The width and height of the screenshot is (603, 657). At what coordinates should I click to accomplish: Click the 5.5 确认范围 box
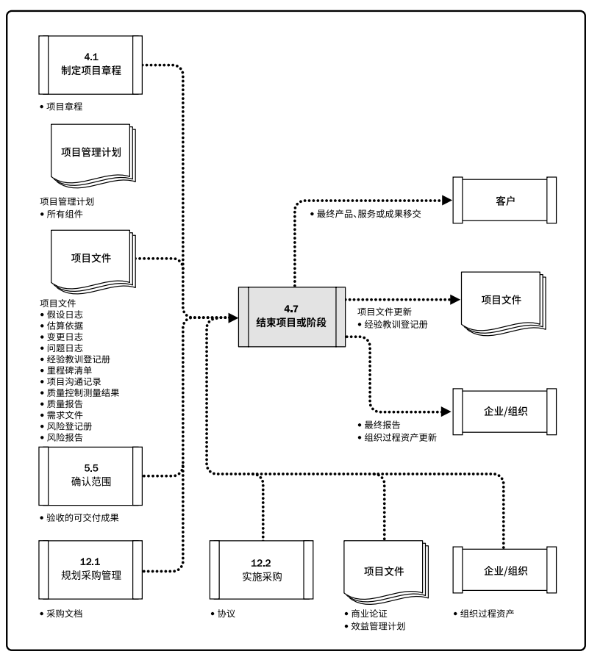[90, 476]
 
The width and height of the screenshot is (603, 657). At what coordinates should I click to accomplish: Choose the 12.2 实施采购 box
[261, 570]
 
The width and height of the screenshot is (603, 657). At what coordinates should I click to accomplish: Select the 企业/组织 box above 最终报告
[504, 412]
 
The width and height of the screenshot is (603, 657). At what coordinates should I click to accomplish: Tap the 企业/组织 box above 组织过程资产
[504, 570]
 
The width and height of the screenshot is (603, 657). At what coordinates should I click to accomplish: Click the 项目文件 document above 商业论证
[383, 570]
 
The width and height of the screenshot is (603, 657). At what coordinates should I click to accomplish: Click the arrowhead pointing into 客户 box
[445, 199]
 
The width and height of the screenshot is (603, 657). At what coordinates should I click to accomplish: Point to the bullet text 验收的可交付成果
[82, 517]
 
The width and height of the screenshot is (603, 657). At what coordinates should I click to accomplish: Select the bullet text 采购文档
[63, 612]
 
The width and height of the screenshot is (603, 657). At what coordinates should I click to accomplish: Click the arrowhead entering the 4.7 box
[232, 317]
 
